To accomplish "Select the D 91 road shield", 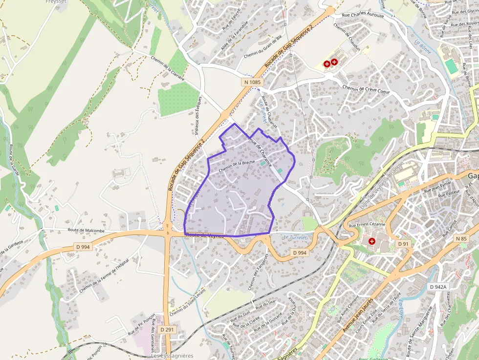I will click(x=403, y=244).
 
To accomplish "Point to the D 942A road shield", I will click(x=438, y=287).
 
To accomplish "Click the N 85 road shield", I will click(x=461, y=239).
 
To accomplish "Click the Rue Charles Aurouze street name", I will click(x=363, y=15).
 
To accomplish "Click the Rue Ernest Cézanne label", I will click(x=368, y=226).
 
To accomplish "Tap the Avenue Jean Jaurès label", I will click(x=358, y=314).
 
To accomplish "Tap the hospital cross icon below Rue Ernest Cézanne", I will click(x=372, y=241).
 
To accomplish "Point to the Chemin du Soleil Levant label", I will click(x=187, y=305).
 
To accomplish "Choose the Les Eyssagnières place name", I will click(x=172, y=356).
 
